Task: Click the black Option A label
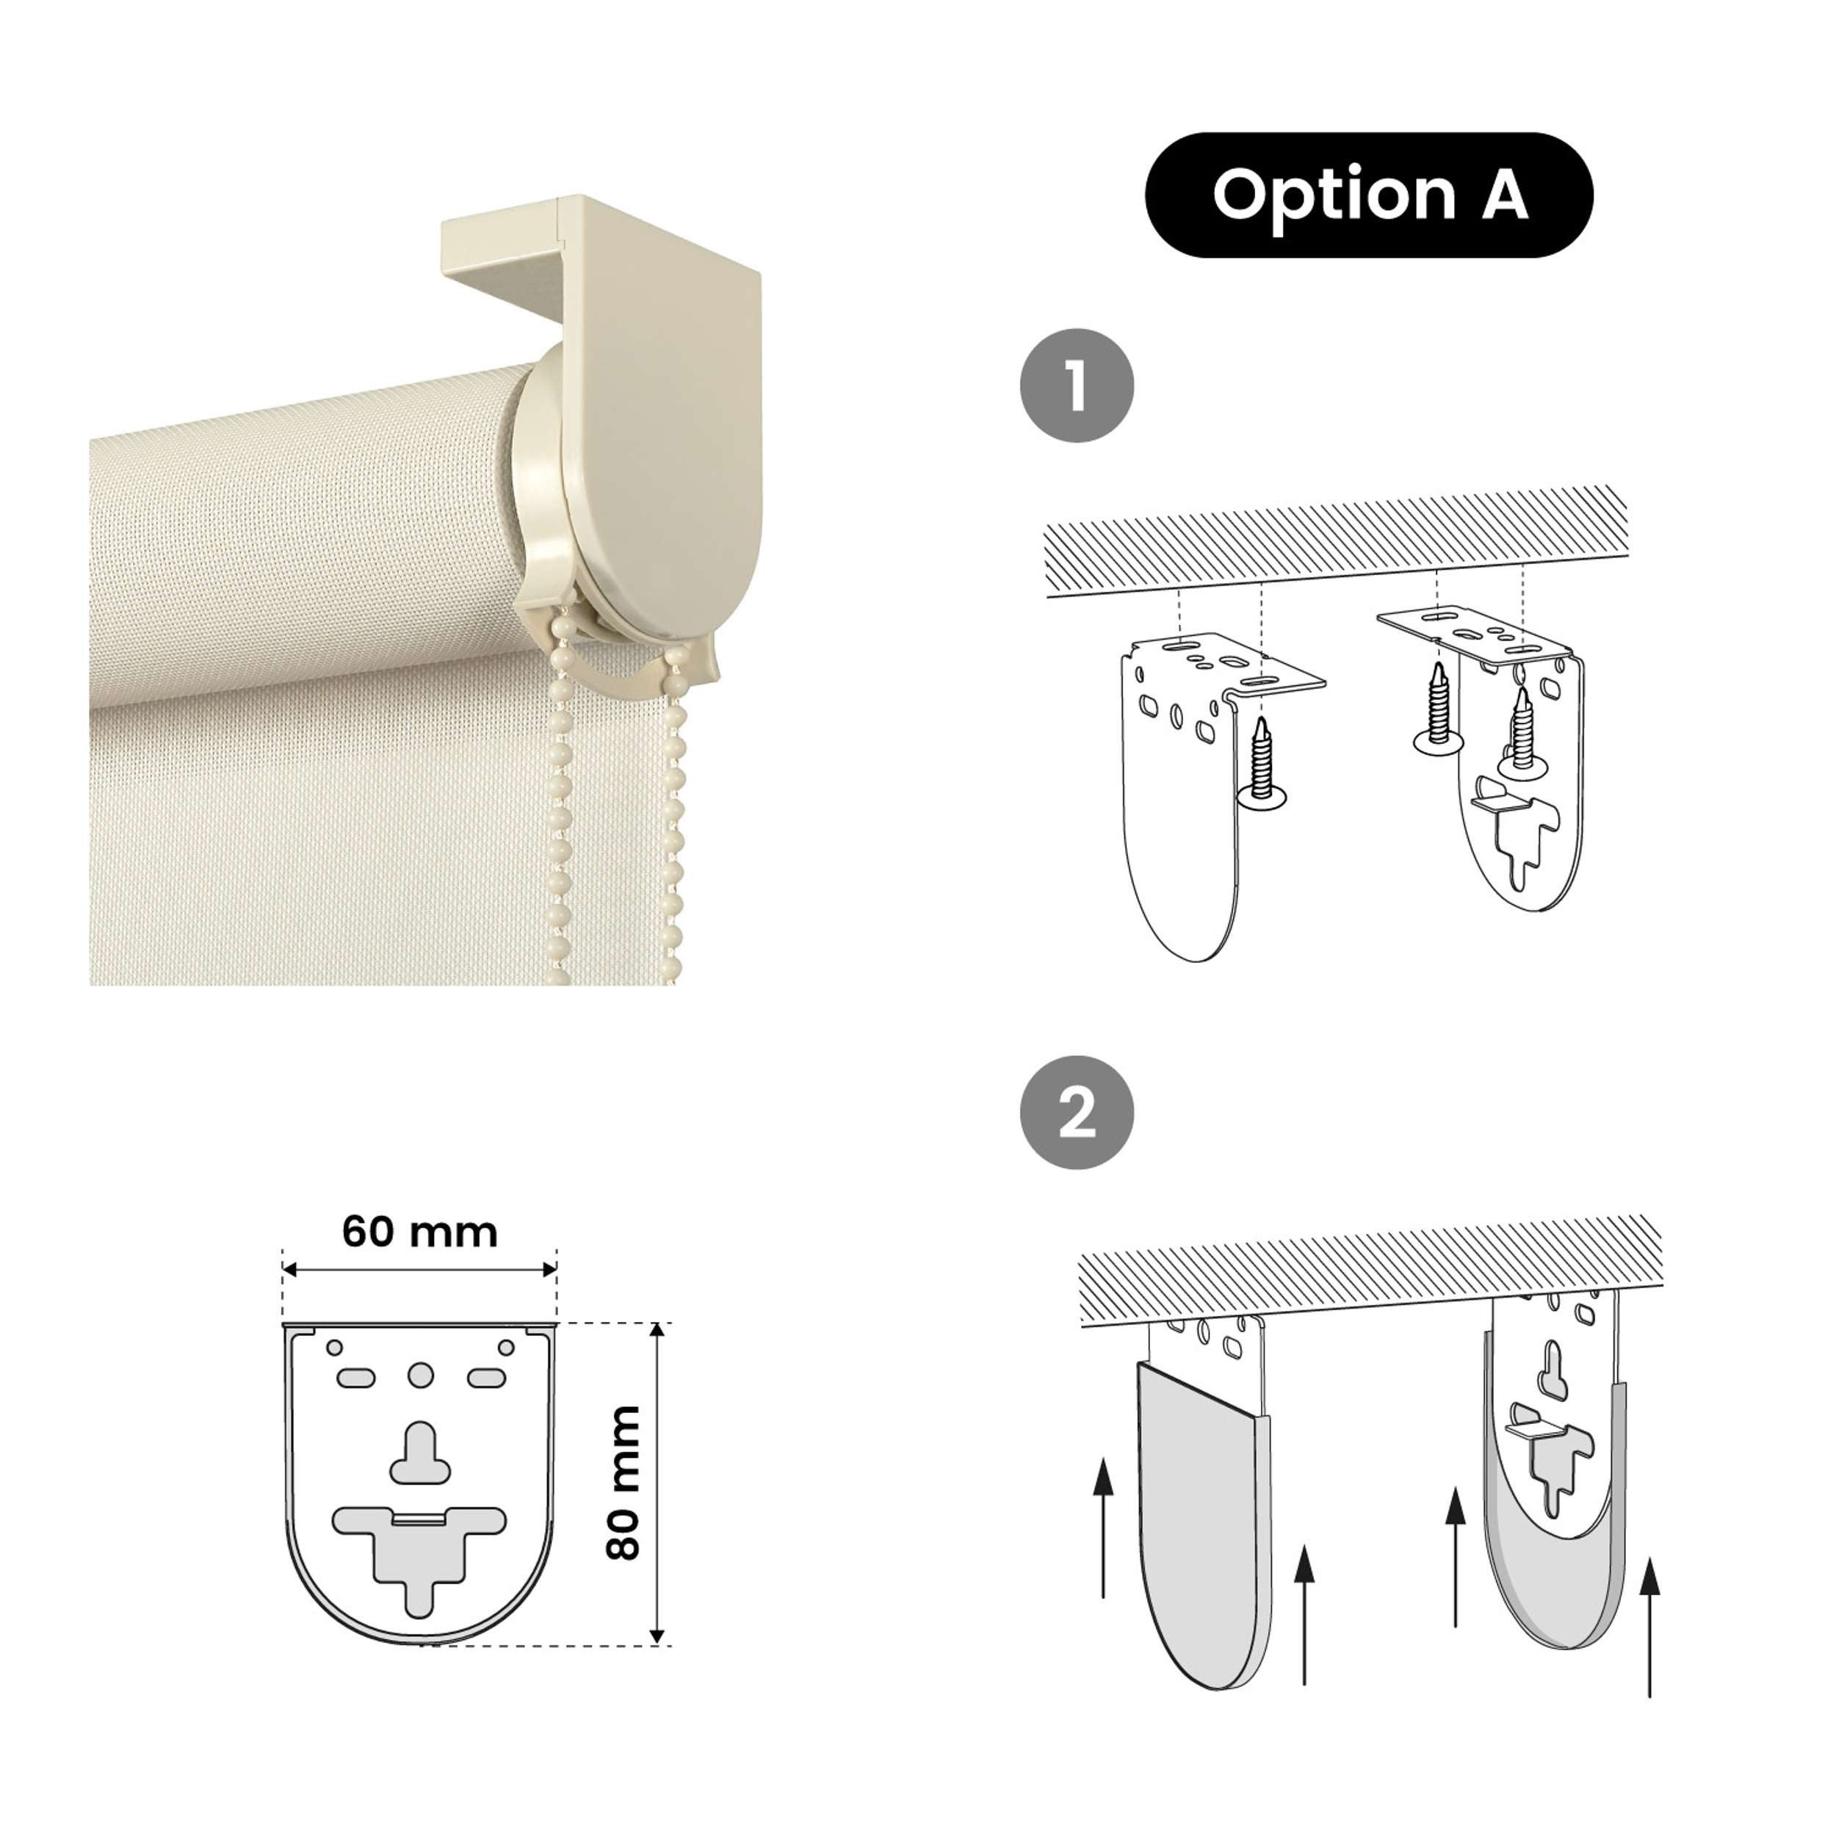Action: pos(1368,195)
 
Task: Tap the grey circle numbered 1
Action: pos(1077,385)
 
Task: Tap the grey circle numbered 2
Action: pos(1077,1112)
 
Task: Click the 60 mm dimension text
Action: pos(419,1232)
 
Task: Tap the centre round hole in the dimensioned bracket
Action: pos(420,1375)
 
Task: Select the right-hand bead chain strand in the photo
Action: pos(679,808)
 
